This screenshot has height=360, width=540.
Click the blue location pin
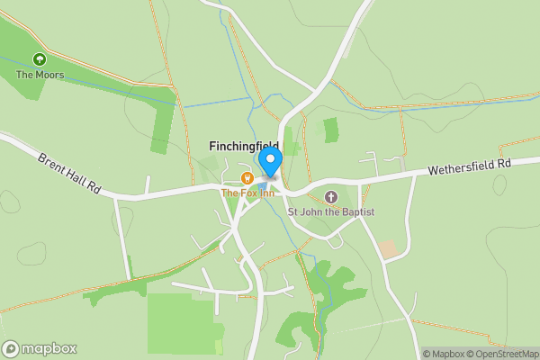[271, 161]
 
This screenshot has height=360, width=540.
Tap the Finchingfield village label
[243, 146]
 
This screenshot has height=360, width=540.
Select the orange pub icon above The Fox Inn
[247, 177]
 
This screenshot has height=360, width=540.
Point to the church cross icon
[330, 196]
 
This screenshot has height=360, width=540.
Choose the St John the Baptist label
[330, 211]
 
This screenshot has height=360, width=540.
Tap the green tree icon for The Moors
[39, 59]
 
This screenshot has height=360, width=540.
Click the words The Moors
[40, 75]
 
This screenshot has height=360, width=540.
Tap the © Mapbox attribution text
[445, 354]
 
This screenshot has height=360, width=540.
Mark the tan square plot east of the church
[388, 249]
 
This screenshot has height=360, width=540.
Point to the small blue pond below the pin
[263, 187]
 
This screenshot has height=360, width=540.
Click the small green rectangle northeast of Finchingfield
[331, 130]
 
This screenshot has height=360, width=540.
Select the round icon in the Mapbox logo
[11, 348]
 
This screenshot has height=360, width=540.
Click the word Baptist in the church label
[355, 211]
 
